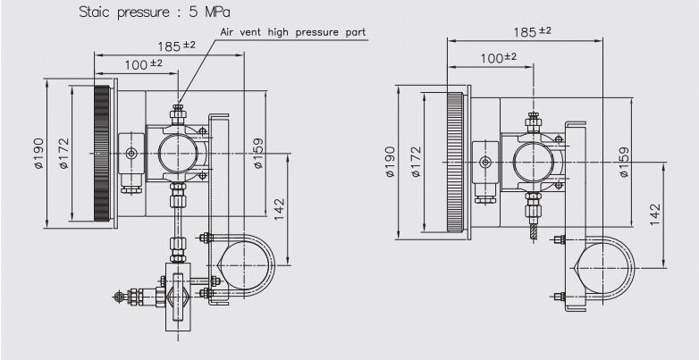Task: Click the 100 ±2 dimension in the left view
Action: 143,64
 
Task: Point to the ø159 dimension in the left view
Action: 258,152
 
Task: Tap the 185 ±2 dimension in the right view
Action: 532,31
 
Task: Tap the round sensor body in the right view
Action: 534,161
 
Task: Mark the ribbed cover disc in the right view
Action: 455,161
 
